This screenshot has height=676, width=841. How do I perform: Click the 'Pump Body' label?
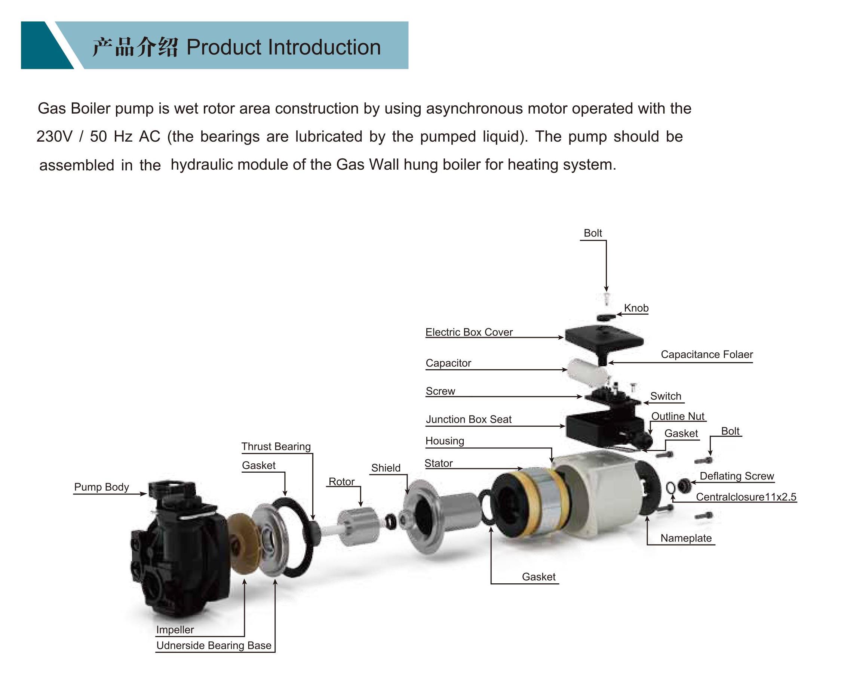[x=101, y=487]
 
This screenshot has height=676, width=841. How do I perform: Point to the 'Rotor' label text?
[x=342, y=482]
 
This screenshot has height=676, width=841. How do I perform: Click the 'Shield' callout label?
[x=386, y=468]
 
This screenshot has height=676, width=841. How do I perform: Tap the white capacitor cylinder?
[x=588, y=372]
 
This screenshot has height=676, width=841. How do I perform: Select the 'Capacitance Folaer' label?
[x=707, y=355]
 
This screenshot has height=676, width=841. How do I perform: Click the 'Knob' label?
[x=636, y=308]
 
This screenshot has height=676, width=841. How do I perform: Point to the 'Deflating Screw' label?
[x=737, y=476]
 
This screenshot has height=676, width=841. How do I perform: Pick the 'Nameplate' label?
[x=686, y=538]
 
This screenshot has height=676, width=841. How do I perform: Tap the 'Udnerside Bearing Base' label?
[x=214, y=646]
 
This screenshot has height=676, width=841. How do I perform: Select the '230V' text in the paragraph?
[x=55, y=137]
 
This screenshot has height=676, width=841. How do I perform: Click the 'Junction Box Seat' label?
[x=469, y=420]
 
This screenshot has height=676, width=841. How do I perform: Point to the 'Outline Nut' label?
[x=678, y=416]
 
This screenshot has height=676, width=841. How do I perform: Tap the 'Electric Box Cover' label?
[x=469, y=332]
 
